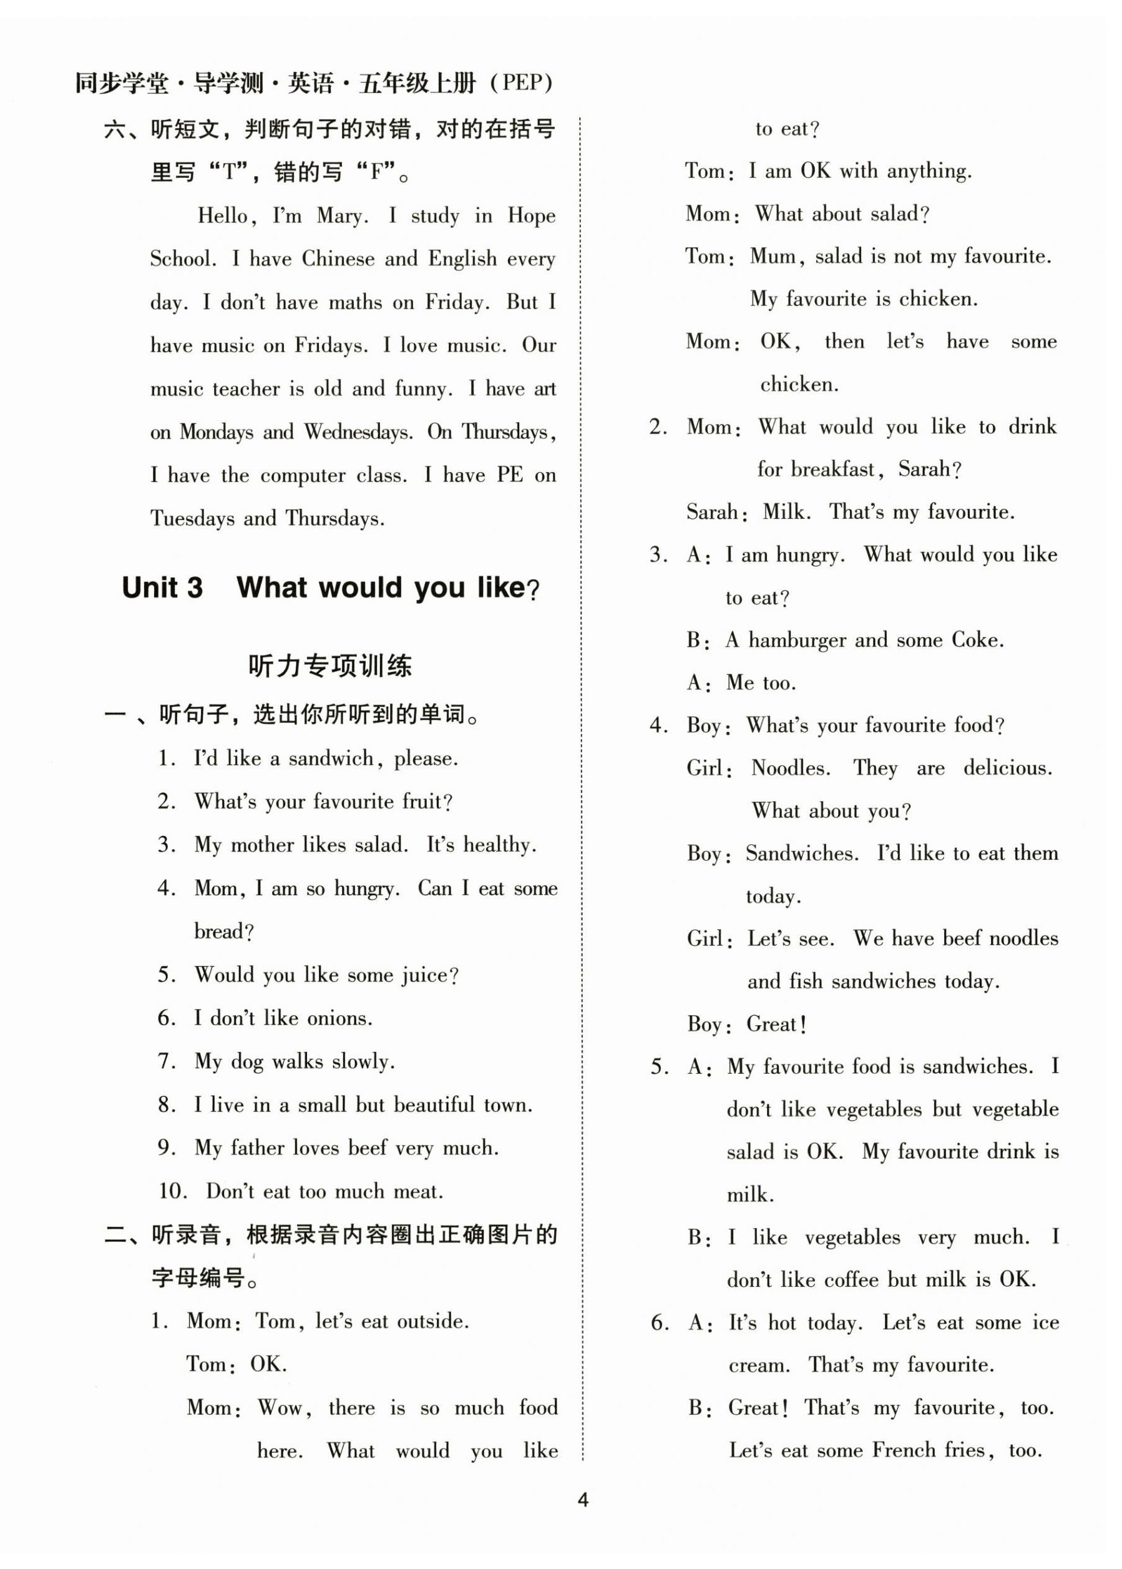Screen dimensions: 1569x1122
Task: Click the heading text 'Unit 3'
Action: point(162,588)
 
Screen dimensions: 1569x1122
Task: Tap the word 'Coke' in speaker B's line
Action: point(975,640)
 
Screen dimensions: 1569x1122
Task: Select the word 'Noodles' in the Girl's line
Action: point(791,769)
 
